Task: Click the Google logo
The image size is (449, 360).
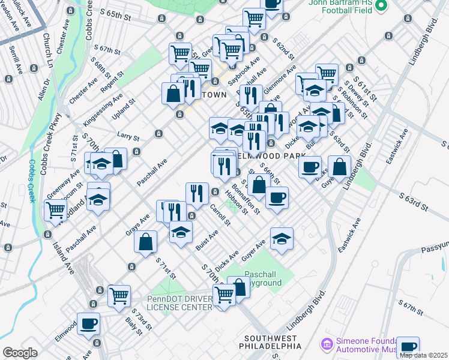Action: click(x=20, y=353)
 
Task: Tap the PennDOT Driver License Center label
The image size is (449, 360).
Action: click(x=179, y=303)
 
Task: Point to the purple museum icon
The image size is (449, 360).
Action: click(x=327, y=344)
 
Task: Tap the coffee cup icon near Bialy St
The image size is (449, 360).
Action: click(x=88, y=323)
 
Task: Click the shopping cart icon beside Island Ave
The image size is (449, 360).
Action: click(x=55, y=210)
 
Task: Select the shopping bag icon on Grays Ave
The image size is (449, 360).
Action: click(x=146, y=242)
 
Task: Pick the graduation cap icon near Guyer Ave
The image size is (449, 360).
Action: click(x=282, y=239)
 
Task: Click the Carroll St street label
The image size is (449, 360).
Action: click(x=220, y=215)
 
